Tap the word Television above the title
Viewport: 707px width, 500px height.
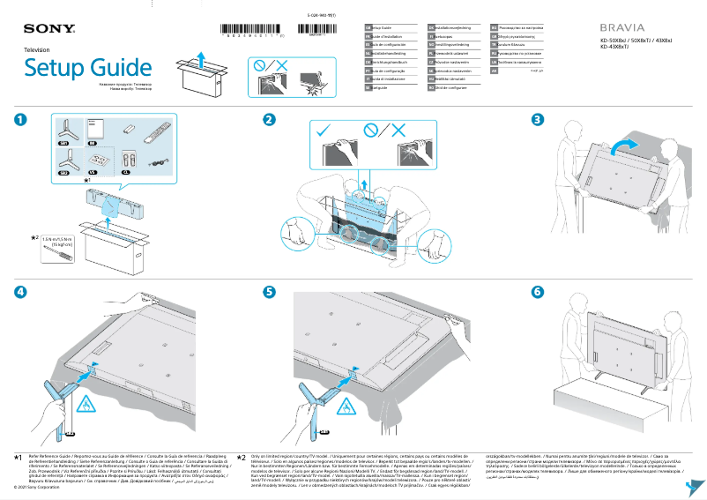click(37, 51)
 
